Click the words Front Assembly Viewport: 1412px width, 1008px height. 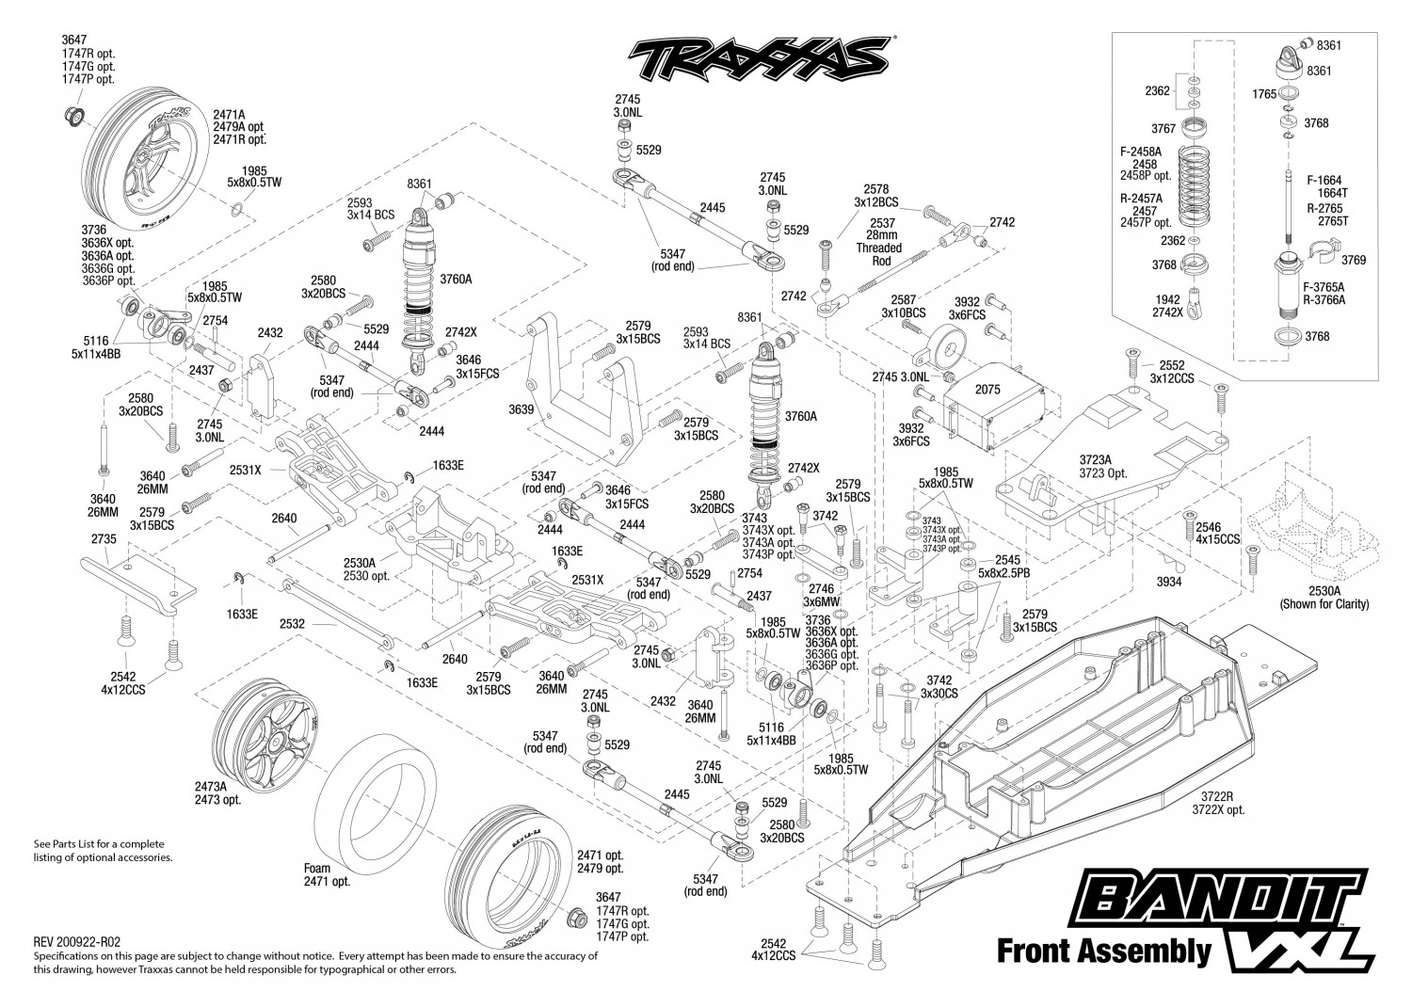point(1103,950)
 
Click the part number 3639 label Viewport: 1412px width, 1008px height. point(521,409)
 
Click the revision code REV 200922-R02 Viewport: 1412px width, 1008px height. point(77,942)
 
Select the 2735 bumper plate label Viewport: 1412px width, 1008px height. point(104,539)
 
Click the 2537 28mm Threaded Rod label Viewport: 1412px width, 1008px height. point(880,242)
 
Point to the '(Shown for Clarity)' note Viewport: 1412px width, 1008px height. point(1324,604)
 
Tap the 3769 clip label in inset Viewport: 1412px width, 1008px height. point(1354,259)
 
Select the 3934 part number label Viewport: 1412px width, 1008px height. point(1169,582)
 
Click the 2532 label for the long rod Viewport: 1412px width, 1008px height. point(293,623)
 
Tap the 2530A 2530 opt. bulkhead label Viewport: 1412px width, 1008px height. point(367,568)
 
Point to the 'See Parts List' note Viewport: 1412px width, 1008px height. point(103,851)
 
